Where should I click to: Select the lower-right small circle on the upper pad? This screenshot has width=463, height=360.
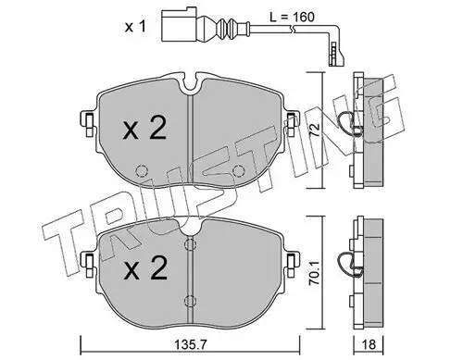click(239, 170)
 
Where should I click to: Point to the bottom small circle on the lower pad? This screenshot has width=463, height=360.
click(189, 299)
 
